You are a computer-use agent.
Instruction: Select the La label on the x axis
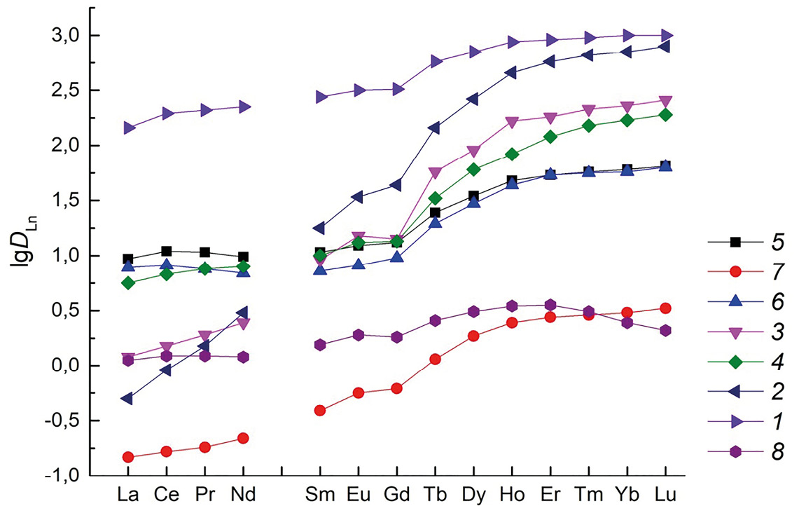point(128,495)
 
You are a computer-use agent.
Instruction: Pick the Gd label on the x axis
point(396,495)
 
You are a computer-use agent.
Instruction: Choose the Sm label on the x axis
point(320,495)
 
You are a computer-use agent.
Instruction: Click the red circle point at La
point(128,457)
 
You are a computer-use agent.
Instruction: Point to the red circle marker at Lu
point(665,308)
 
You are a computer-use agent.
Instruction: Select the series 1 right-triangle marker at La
point(129,128)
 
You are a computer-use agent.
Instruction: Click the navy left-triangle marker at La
point(127,398)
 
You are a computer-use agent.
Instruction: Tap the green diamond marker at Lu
point(665,114)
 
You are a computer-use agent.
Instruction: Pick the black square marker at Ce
point(167,251)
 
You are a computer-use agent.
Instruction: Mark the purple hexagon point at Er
point(550,305)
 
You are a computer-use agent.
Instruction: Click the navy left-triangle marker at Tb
point(434,128)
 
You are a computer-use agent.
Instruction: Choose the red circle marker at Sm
point(320,410)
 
